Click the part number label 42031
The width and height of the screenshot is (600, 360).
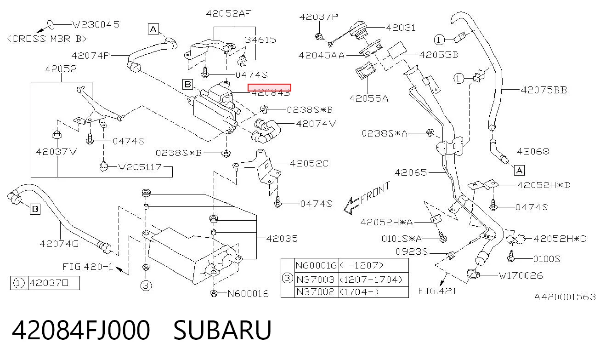coord(401,28)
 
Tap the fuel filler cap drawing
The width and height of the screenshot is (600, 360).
coord(359,30)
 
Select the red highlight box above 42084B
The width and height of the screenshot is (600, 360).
coord(269,87)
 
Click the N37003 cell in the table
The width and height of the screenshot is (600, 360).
coord(316,280)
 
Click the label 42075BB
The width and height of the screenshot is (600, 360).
coord(544,90)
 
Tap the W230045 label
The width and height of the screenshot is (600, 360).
coord(96,25)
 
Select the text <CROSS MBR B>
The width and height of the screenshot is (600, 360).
coord(47,39)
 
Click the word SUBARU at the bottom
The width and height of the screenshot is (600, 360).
coord(223,330)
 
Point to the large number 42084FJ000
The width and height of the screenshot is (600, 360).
coord(80,330)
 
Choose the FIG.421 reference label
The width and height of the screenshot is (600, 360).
coord(437,291)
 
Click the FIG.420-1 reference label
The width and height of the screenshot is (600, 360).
coord(88,267)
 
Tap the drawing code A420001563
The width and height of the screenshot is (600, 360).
coord(565,297)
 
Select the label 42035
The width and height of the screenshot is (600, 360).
coord(282,239)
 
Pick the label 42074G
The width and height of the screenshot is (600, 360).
coord(59,244)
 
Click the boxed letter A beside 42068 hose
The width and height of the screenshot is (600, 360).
coord(520,171)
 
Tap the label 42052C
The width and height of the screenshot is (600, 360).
coord(309,163)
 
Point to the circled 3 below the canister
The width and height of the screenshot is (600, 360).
coord(146,286)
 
